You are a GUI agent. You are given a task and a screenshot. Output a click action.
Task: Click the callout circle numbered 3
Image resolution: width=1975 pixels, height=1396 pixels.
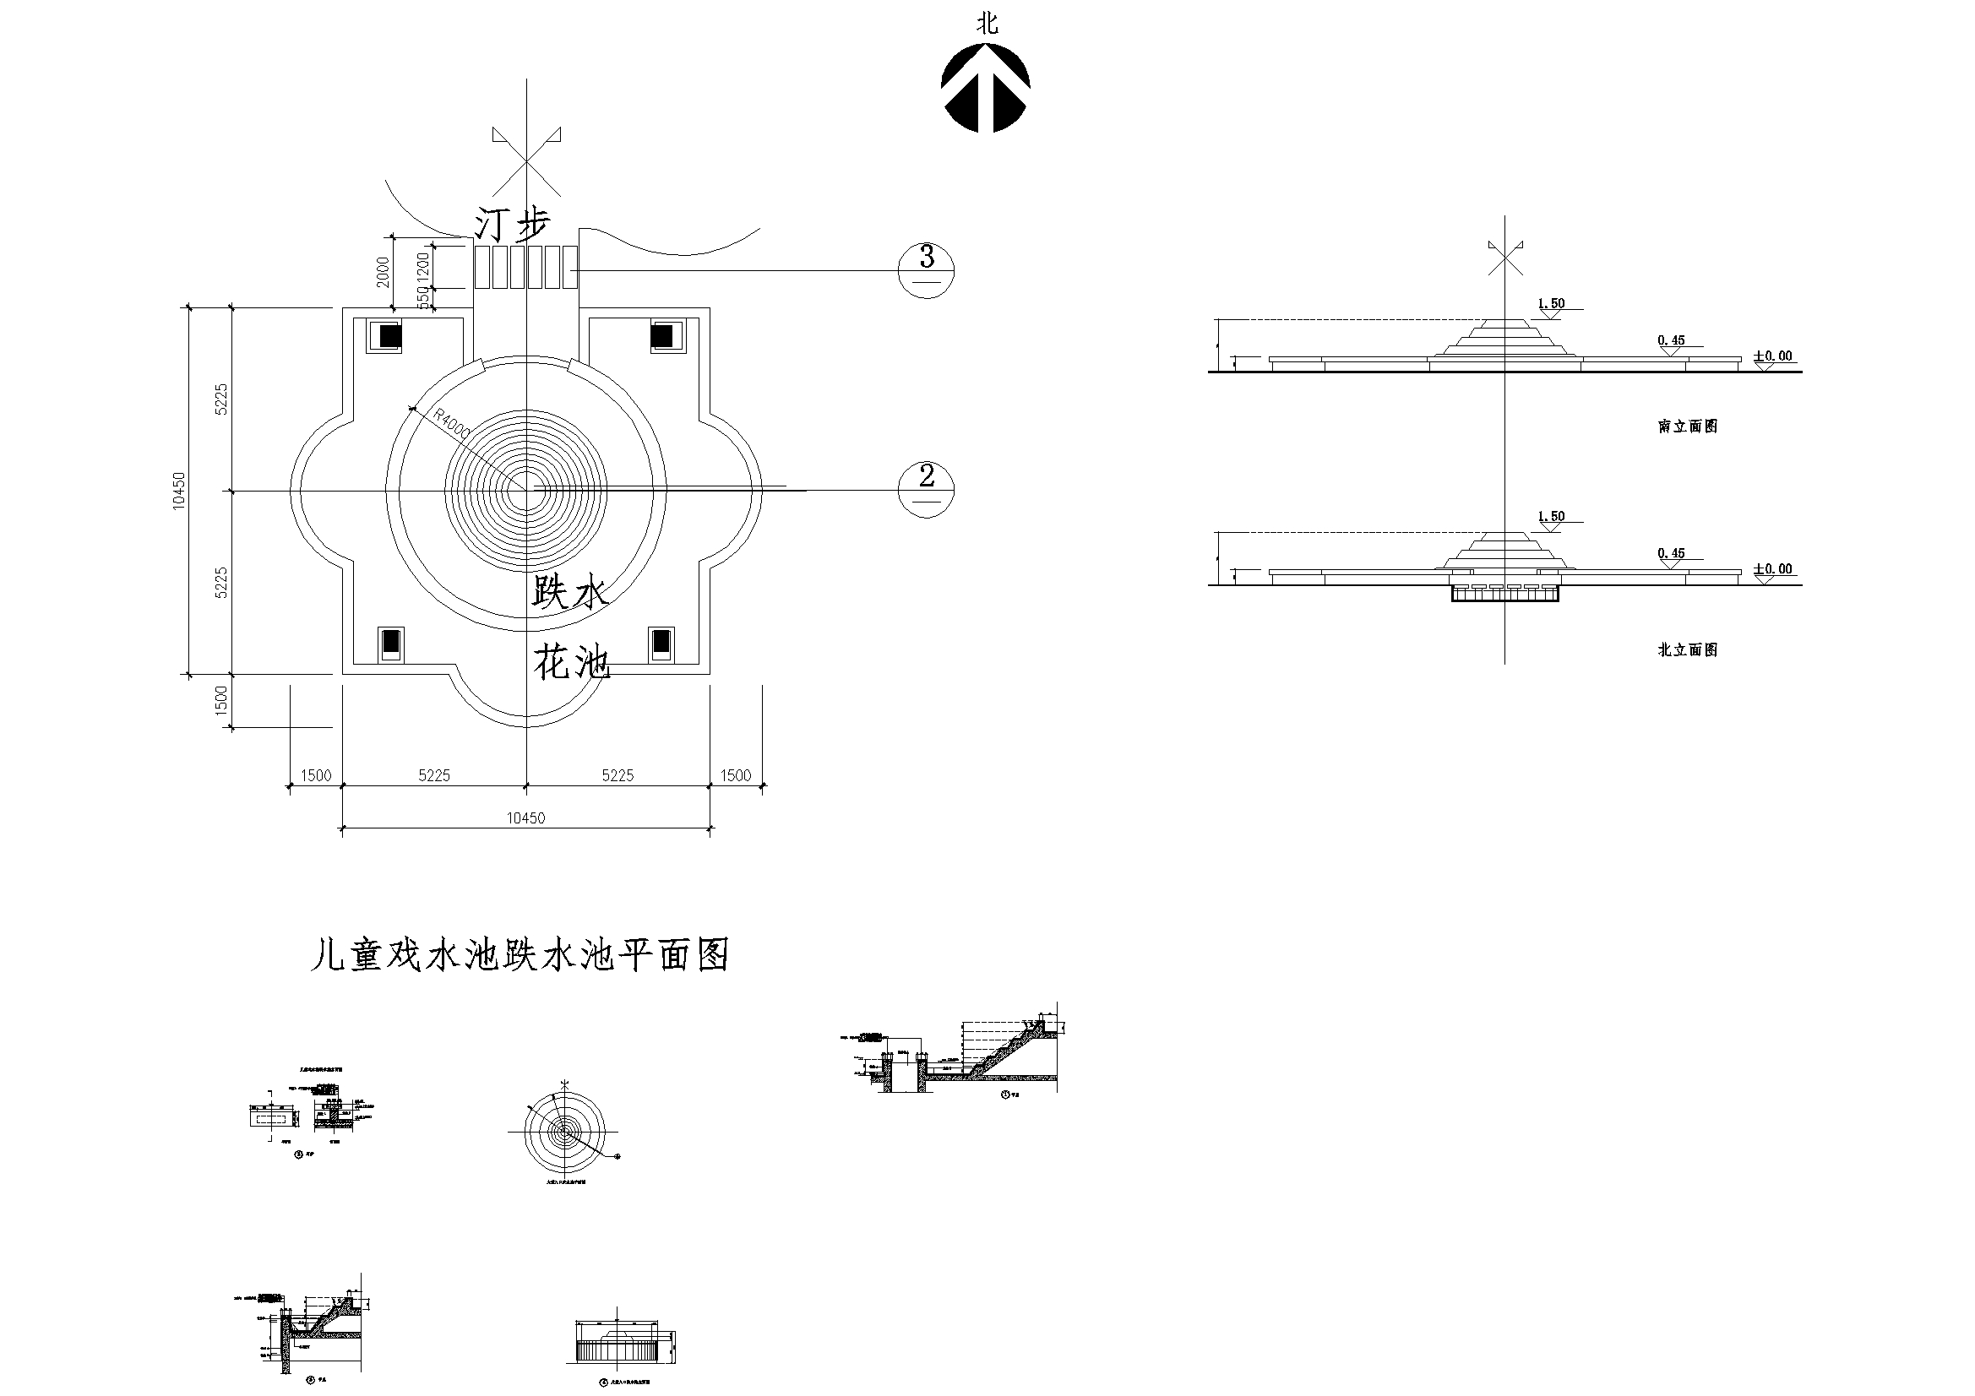pyautogui.click(x=927, y=269)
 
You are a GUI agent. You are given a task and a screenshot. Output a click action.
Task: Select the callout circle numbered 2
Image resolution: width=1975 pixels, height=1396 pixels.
pyautogui.click(x=927, y=490)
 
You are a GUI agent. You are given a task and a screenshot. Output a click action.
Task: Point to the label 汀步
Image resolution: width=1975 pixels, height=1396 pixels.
pyautogui.click(x=513, y=226)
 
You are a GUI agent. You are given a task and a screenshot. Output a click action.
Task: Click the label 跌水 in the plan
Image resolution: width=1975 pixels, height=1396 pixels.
pyautogui.click(x=569, y=593)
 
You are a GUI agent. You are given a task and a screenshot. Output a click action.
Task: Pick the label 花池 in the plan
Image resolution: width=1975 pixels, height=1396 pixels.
pyautogui.click(x=571, y=663)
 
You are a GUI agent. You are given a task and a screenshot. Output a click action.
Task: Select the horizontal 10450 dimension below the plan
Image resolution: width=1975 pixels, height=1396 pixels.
pyautogui.click(x=525, y=818)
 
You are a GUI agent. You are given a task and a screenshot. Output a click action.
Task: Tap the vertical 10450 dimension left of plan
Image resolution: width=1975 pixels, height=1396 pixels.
pyautogui.click(x=179, y=491)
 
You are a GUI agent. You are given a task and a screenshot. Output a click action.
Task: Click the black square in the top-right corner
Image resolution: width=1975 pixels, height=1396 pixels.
pyautogui.click(x=661, y=334)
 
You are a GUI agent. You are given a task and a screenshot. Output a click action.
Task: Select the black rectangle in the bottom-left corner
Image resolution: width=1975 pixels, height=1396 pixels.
pyautogui.click(x=390, y=643)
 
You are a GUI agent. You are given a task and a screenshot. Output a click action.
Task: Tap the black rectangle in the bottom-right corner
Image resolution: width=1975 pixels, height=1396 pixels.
pyautogui.click(x=661, y=643)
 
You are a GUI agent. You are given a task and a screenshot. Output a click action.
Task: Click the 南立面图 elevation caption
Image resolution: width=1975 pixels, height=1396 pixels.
pyautogui.click(x=1687, y=426)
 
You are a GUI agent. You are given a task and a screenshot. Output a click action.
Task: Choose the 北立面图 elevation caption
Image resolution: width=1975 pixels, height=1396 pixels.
pyautogui.click(x=1687, y=650)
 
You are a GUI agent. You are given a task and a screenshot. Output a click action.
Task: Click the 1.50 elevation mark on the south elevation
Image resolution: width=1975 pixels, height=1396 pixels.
pyautogui.click(x=1551, y=304)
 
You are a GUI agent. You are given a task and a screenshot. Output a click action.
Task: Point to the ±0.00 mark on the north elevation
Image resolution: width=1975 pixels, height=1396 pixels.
pyautogui.click(x=1773, y=569)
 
